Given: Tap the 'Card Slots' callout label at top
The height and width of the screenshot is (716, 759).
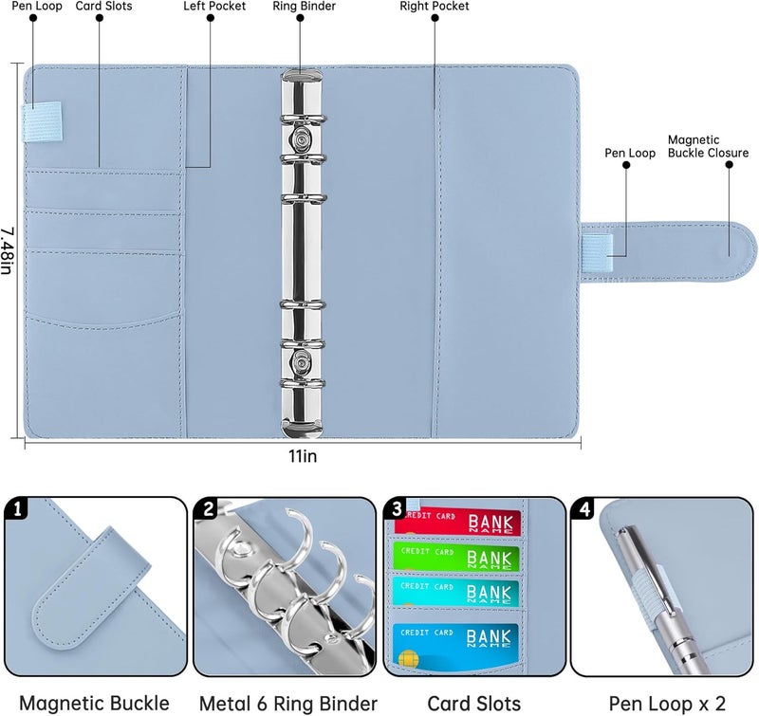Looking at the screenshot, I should [103, 7].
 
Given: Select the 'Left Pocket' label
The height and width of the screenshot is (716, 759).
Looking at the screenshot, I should [213, 7].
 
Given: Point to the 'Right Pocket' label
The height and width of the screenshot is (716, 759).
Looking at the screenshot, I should [435, 7].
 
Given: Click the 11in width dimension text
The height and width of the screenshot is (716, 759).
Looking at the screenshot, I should [303, 457].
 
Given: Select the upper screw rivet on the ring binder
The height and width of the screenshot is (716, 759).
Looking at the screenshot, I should [302, 142].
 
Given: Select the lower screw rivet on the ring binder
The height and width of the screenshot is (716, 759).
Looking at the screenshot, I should [302, 359].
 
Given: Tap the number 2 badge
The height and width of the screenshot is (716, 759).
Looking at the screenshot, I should [206, 510].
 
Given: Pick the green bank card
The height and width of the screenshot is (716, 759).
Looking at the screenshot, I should [457, 557].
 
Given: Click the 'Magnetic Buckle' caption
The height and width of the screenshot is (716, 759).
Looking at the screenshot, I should [94, 703].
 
